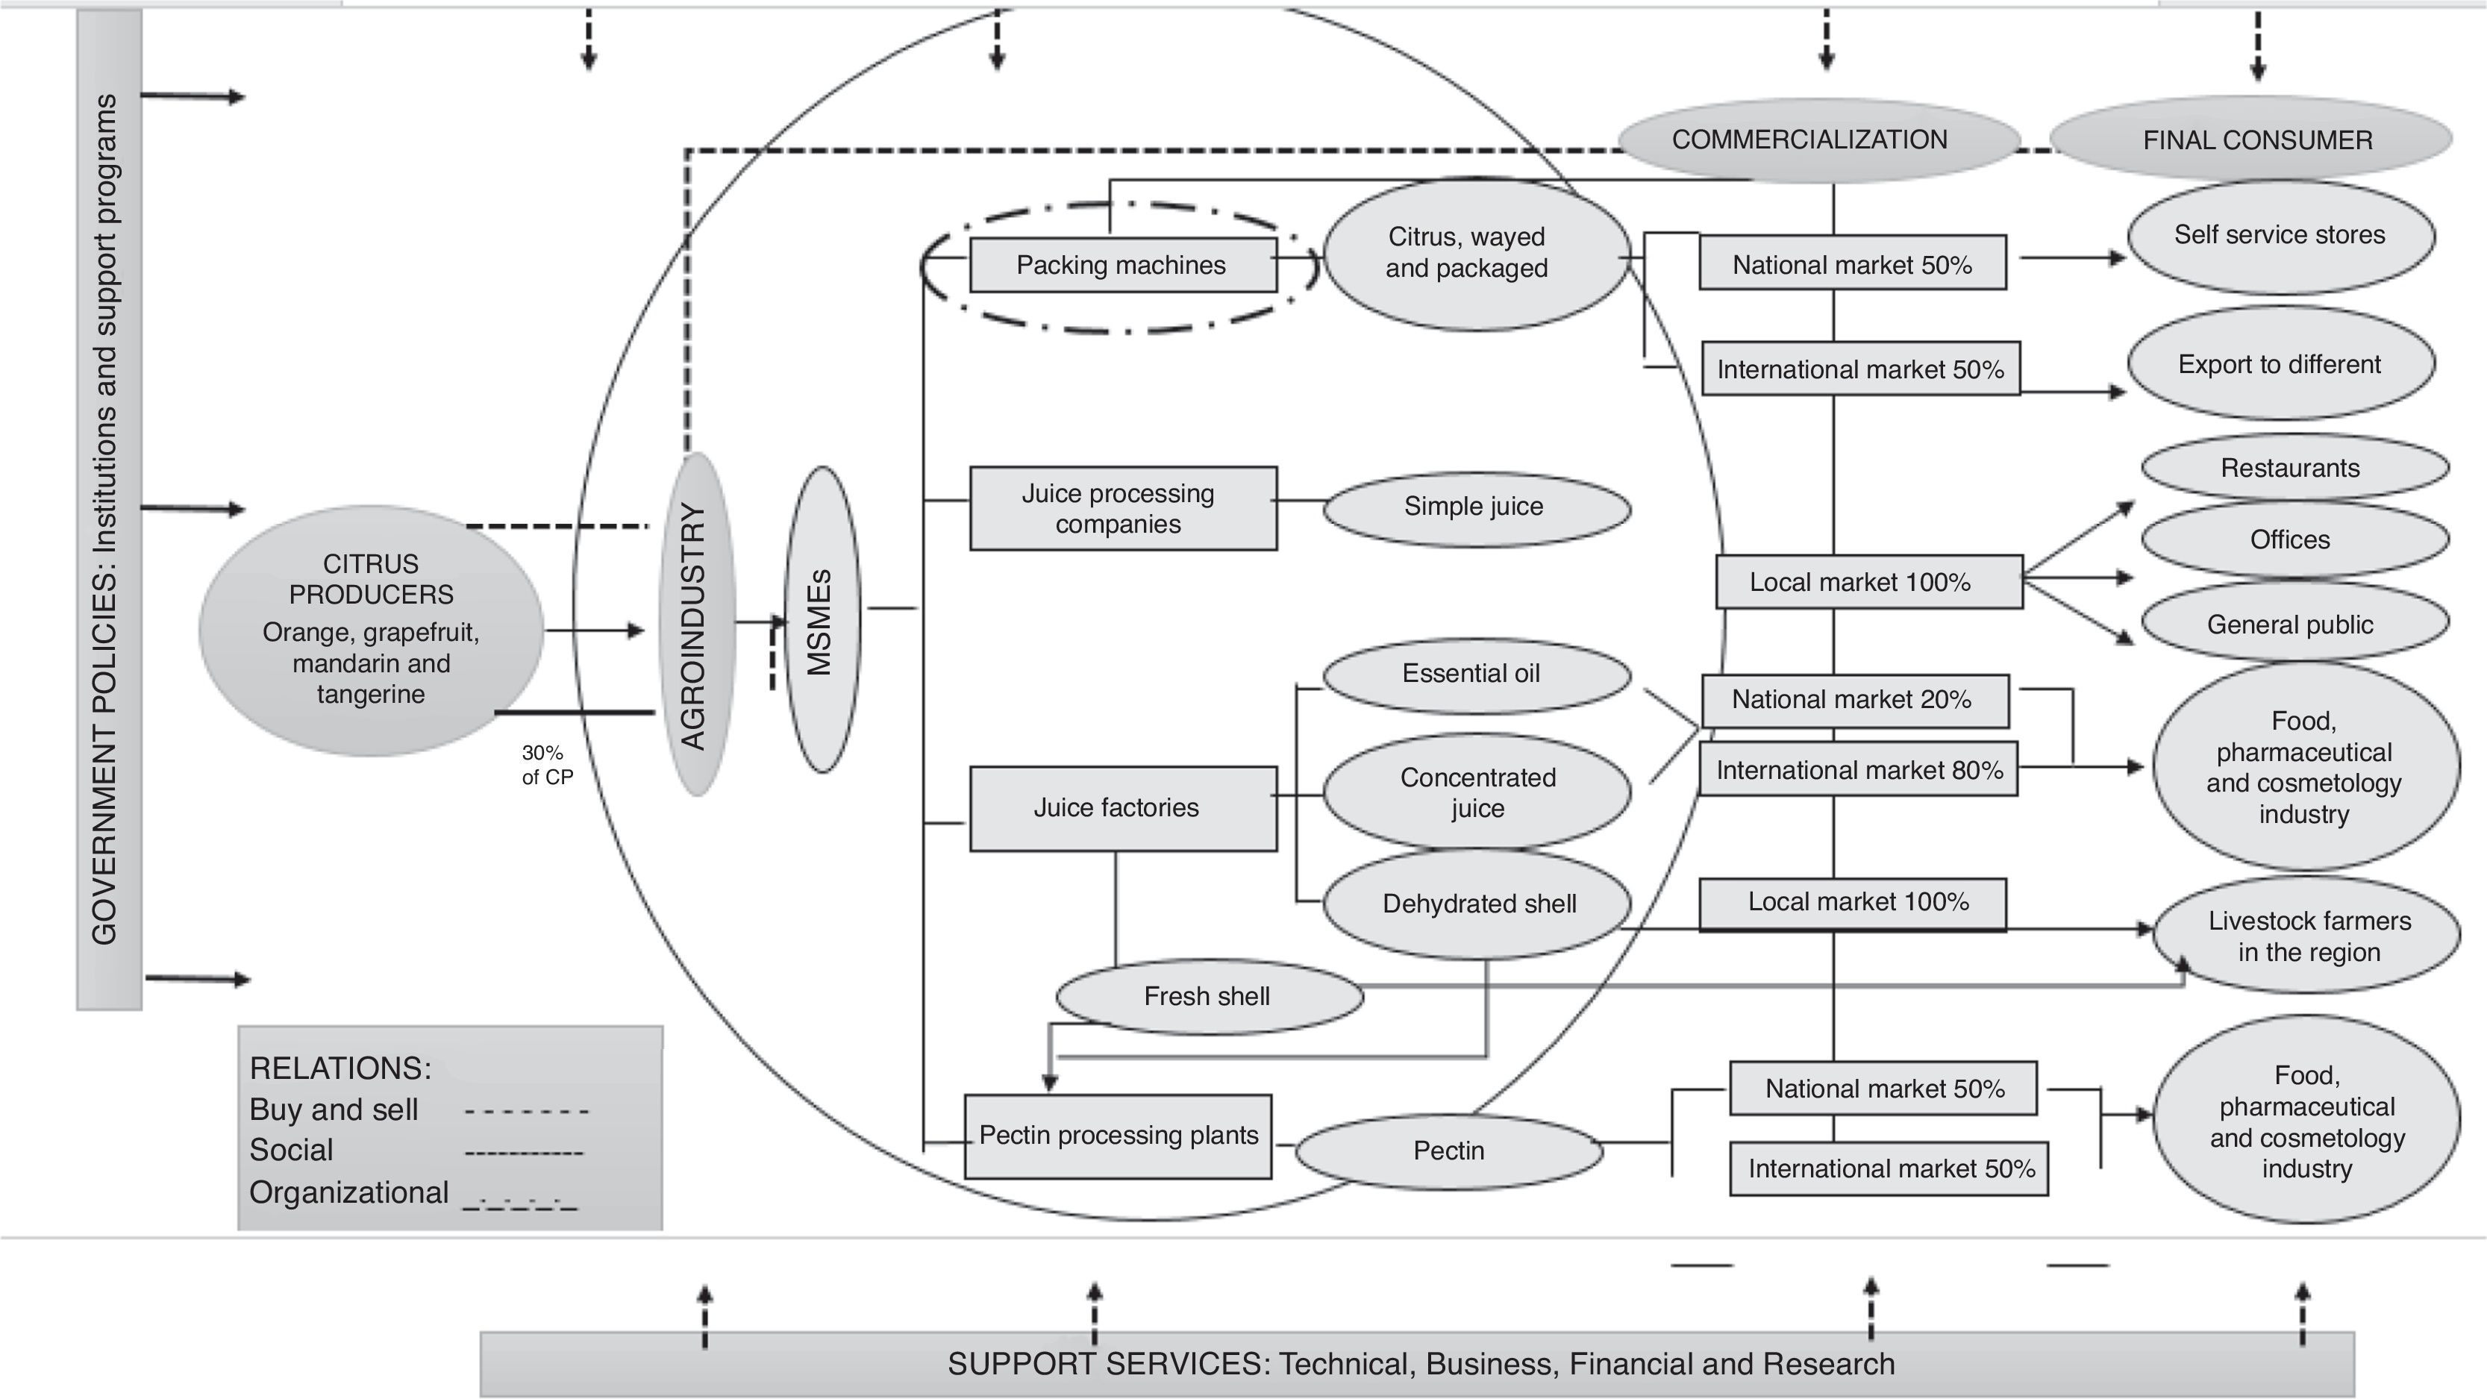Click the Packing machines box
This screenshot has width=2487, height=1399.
[1123, 265]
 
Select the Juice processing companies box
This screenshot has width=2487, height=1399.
[1123, 509]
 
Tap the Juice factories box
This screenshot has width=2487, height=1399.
[1123, 808]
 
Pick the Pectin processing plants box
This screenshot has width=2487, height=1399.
[1118, 1136]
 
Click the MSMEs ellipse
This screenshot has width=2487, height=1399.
[822, 620]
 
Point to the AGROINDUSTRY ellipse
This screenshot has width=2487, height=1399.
[697, 625]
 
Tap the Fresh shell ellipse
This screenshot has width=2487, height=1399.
[1210, 996]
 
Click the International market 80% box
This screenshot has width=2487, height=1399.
[1859, 769]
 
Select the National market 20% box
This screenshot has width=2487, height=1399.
[1855, 700]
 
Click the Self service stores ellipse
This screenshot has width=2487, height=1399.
[2281, 237]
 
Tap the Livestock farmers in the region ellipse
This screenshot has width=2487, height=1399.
[2306, 935]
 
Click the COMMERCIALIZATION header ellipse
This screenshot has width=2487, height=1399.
[1819, 140]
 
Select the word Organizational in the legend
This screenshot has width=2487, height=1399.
[348, 1193]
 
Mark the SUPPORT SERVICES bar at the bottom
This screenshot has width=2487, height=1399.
[1416, 1364]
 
